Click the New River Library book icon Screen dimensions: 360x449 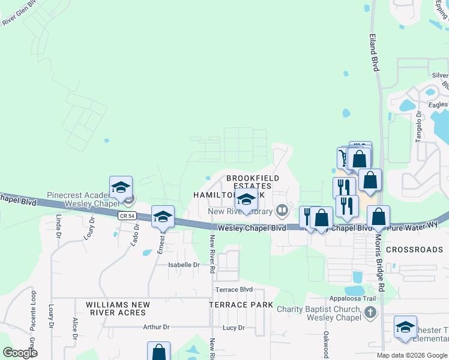click(281, 211)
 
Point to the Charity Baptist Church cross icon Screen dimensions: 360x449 click(370, 313)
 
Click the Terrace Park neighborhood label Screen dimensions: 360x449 click(237, 305)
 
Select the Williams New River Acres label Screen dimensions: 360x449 click(116, 308)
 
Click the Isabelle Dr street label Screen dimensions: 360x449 click(183, 265)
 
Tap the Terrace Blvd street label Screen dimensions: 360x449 click(234, 289)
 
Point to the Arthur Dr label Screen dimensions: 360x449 click(156, 327)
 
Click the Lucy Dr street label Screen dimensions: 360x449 click(234, 328)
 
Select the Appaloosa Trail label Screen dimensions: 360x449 click(352, 298)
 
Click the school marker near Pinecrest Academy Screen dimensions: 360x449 click(121, 187)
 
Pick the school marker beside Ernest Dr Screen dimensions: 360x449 click(163, 217)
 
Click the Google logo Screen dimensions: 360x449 click(20, 353)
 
